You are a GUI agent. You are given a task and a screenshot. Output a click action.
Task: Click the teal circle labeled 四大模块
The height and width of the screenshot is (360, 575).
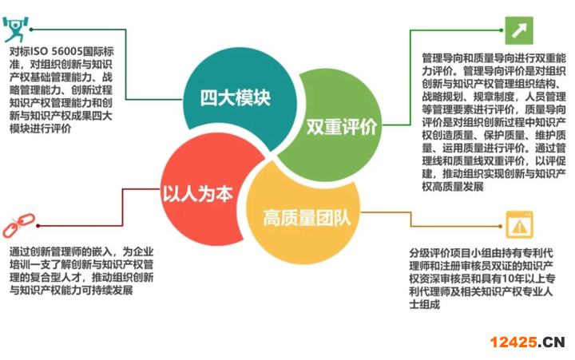point(238,99)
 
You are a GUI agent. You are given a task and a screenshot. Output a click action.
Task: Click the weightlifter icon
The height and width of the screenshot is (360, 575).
point(15,29)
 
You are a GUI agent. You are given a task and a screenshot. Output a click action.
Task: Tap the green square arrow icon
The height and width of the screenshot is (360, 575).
point(519,30)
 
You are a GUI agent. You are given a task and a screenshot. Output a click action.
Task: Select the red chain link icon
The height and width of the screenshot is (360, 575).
point(18,225)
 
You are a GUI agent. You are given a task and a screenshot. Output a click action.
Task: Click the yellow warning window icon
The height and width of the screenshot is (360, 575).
point(519,225)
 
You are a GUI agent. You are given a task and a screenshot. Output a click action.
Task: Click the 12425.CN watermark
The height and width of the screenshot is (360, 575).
point(527,342)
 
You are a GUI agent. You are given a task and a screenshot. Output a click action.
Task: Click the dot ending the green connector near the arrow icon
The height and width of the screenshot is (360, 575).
point(501,30)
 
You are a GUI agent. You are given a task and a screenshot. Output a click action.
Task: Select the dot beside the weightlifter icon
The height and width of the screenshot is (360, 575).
point(31,30)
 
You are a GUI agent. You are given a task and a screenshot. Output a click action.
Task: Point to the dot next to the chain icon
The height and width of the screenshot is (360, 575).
point(38,226)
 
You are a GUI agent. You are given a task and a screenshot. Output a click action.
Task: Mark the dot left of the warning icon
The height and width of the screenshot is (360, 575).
point(501,226)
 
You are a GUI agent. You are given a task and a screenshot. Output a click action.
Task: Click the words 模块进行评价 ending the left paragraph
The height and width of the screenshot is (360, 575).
point(41,129)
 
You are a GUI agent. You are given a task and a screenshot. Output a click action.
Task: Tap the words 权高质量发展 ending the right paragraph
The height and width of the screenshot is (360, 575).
point(453,187)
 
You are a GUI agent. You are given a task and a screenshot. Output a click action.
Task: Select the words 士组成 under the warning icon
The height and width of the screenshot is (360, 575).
point(424,304)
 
